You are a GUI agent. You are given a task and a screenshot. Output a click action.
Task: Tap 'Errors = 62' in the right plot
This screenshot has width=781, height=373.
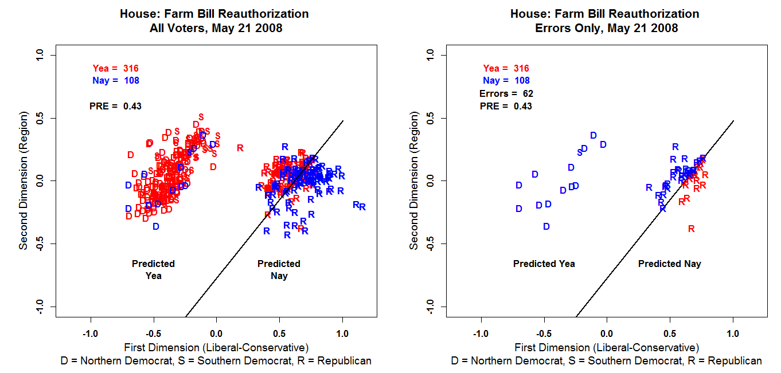click(506, 93)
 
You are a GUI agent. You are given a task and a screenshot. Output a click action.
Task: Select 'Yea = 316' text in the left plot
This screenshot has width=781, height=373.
click(116, 68)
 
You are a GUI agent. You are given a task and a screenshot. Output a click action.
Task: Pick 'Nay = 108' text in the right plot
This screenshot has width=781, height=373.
click(506, 81)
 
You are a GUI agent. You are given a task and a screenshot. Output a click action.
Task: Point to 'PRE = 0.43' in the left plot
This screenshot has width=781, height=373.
click(116, 106)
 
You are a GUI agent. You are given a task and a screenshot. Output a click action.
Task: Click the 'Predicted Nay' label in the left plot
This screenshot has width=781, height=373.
click(279, 270)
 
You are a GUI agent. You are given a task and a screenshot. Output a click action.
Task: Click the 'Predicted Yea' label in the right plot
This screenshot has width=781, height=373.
click(544, 264)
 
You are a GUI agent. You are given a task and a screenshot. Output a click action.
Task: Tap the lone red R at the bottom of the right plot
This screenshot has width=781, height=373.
click(691, 229)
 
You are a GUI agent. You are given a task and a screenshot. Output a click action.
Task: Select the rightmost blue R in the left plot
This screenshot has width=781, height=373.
click(362, 207)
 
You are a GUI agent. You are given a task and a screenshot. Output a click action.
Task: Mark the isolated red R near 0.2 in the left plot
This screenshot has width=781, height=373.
click(240, 148)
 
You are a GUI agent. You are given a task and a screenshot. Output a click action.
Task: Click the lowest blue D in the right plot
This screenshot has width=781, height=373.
click(546, 227)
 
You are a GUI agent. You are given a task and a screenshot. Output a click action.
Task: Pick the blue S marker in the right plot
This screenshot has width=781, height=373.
click(580, 152)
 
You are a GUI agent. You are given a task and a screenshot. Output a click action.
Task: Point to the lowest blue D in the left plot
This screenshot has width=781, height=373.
click(155, 226)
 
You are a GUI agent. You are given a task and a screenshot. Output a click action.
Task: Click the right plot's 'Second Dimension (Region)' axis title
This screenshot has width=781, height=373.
click(413, 180)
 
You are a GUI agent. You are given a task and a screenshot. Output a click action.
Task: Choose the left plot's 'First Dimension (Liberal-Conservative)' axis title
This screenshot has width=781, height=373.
click(216, 347)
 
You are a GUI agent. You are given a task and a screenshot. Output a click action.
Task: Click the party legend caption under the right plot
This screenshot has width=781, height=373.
click(607, 361)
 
